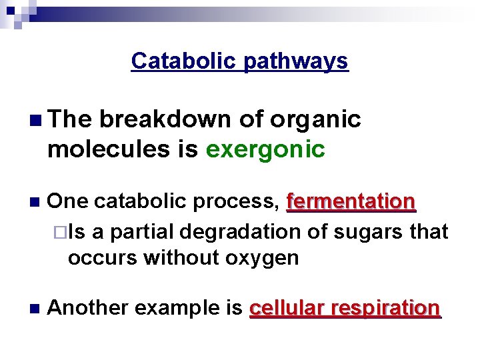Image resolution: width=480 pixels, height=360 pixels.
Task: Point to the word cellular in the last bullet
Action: (286, 308)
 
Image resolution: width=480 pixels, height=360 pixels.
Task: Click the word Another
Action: (87, 308)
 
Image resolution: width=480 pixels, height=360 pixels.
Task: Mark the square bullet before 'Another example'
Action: (35, 309)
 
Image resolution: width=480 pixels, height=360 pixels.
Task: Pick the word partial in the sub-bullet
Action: (141, 231)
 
